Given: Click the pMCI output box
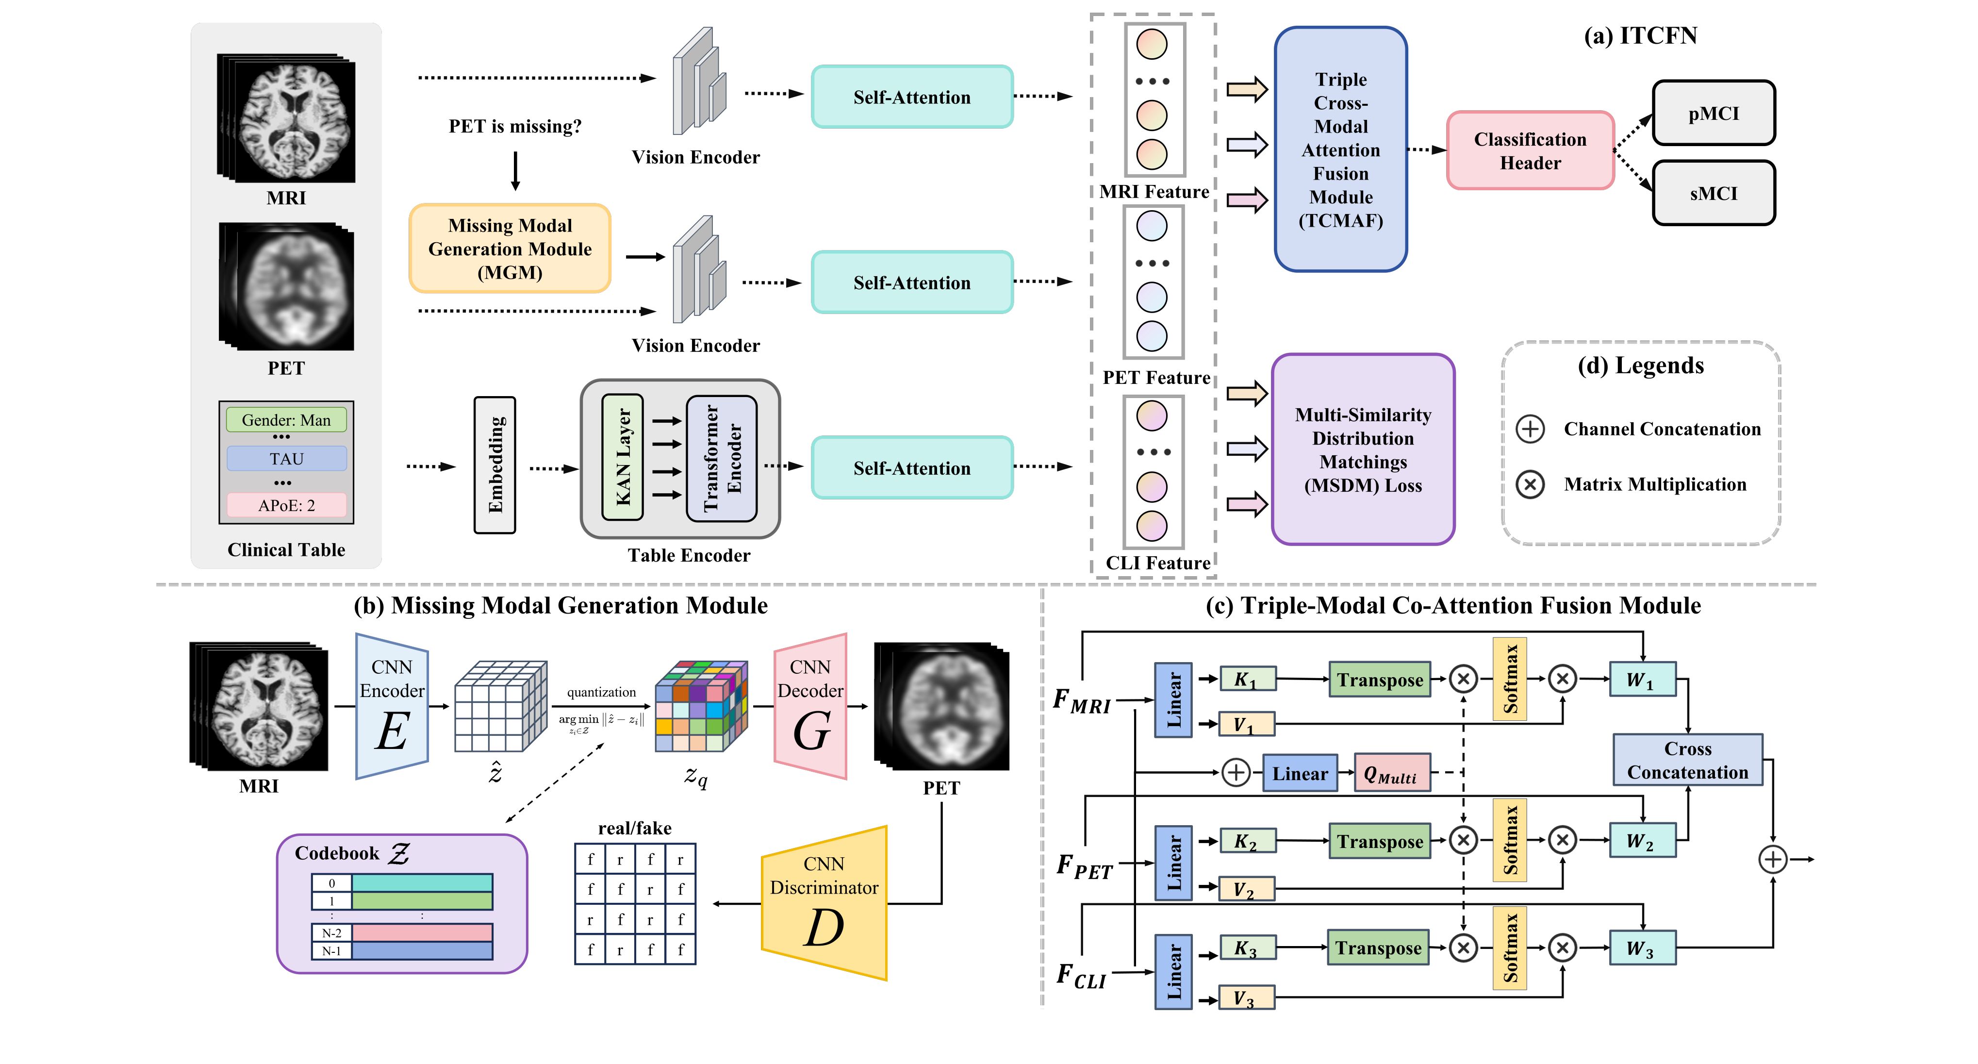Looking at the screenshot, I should coord(1713,114).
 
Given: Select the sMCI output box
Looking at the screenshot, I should coord(1713,194).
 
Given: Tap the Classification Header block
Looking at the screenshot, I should coord(1530,150).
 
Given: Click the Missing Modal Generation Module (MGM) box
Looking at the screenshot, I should coord(510,248).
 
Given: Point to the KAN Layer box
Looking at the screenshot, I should coord(623,457).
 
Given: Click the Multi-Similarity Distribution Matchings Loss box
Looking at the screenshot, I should coord(1363,449).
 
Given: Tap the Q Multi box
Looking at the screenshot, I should coord(1391,773).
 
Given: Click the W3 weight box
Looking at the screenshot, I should coord(1642,947).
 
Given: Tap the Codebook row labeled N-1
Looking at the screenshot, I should coord(402,951).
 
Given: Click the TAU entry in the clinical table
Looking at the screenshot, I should coord(286,459).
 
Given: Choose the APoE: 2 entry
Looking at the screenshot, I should coord(286,505).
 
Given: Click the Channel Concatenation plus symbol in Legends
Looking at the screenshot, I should coord(1530,429).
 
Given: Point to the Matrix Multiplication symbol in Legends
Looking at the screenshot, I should coord(1530,484).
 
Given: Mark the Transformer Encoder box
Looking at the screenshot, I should coord(722,459).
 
